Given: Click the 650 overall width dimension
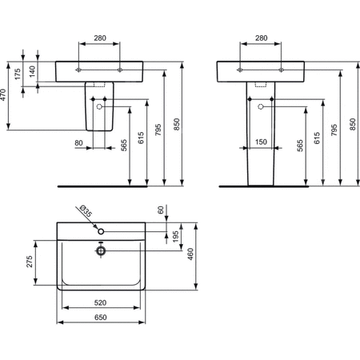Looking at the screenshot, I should pos(100,318).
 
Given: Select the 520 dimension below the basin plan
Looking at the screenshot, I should pos(100,302).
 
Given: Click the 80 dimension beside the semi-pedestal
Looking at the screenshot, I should pos(78,143).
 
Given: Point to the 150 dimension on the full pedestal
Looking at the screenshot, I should pos(261,143).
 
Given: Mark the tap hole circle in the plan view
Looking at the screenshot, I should pos(100,231).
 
